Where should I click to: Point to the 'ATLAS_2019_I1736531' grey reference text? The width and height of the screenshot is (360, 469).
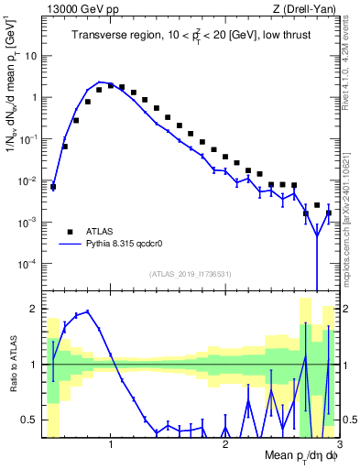pyautogui.click(x=190, y=273)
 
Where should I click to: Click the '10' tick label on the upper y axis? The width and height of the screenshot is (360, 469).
pyautogui.click(x=31, y=55)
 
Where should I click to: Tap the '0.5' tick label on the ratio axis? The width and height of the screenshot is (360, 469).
pyautogui.click(x=29, y=420)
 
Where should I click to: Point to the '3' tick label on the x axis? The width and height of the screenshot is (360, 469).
pyautogui.click(x=339, y=445)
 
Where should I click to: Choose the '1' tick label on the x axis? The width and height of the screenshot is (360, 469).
pyautogui.click(x=111, y=445)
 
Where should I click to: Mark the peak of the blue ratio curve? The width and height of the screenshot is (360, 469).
pyautogui.click(x=88, y=311)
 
